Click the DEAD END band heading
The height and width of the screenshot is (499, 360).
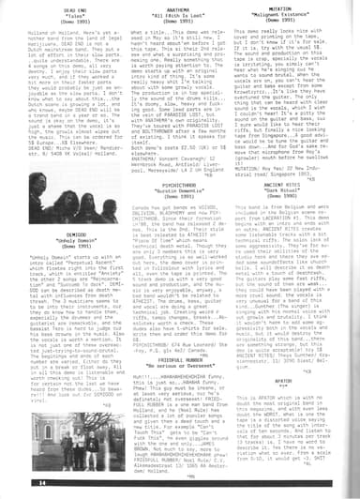pos(61,8)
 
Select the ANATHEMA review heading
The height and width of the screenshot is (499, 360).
pos(177,8)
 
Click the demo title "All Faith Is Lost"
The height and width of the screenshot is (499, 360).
pos(177,14)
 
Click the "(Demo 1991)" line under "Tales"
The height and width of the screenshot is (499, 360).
pos(61,21)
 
